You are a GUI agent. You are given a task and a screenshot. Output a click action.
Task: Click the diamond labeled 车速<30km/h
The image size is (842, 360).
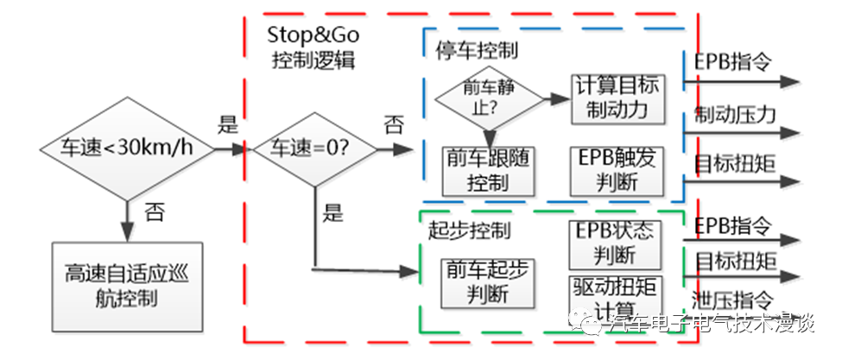point(126,148)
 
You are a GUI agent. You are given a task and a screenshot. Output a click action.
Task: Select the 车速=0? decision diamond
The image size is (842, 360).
point(314,148)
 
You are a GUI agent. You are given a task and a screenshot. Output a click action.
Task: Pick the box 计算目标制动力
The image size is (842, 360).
point(617,97)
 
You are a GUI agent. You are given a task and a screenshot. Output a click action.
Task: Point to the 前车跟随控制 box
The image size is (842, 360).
point(488,169)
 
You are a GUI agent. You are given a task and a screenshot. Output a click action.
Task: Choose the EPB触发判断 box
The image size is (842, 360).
point(617,169)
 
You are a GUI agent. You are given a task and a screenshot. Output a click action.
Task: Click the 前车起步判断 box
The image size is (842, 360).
point(488,281)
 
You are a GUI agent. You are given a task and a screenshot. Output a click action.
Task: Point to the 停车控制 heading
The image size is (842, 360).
point(477,48)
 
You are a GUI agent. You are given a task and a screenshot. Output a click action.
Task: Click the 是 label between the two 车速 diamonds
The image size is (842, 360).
point(228,123)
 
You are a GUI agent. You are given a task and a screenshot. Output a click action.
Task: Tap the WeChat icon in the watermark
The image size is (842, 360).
point(593,324)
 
